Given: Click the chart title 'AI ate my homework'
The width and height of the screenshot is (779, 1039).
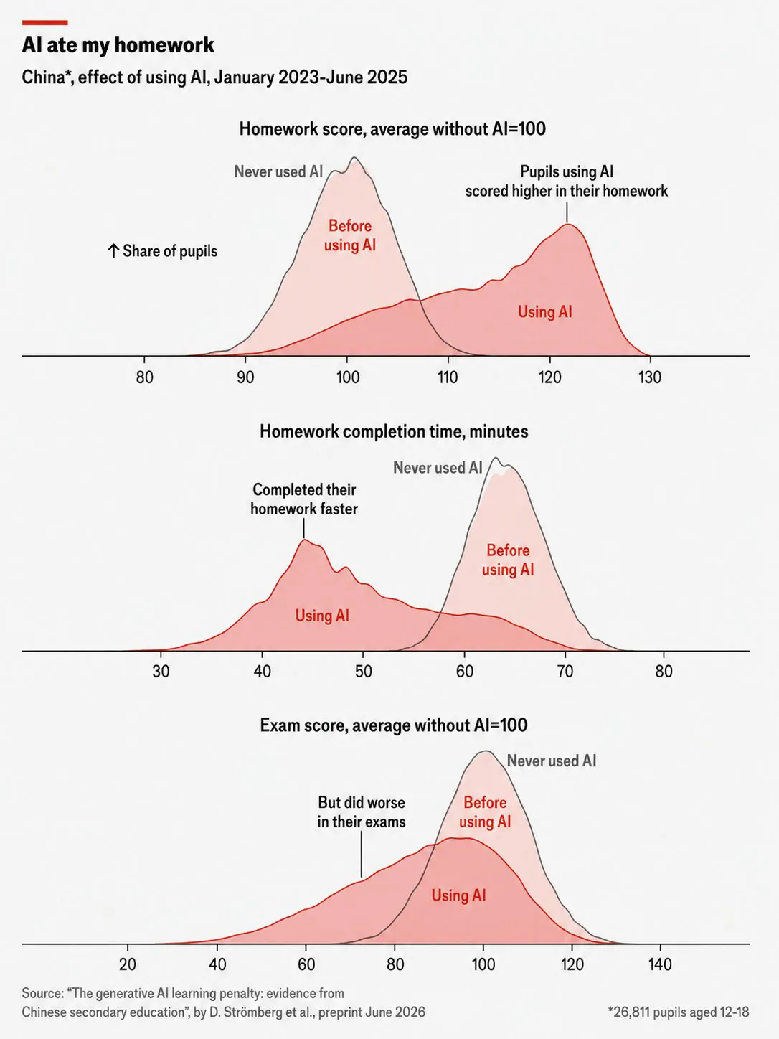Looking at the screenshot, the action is tap(118, 45).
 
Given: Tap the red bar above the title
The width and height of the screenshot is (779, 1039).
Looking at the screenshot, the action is tap(45, 22).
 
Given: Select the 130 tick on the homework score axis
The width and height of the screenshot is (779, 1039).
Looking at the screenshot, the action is tap(649, 377).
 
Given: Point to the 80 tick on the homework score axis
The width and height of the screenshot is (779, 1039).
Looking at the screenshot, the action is tap(144, 377).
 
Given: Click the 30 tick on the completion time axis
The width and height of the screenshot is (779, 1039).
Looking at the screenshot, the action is tap(161, 671).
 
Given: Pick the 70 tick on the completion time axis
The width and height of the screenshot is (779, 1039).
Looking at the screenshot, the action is tap(565, 671).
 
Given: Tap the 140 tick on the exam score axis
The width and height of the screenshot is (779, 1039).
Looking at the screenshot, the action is tap(660, 964).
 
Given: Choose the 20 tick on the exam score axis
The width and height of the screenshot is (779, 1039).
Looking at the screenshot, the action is tap(127, 964).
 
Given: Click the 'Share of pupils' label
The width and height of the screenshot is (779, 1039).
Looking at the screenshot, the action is tap(163, 251).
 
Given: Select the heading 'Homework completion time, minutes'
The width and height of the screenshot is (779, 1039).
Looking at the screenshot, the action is tap(394, 431).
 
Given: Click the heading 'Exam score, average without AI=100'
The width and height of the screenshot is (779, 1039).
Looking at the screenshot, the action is tap(394, 725).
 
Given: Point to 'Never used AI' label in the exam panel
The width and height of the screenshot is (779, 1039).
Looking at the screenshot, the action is tap(552, 761).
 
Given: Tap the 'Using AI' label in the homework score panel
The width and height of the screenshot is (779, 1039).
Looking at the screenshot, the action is tap(545, 311).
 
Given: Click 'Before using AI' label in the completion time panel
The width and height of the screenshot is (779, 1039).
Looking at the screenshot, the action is tap(508, 560).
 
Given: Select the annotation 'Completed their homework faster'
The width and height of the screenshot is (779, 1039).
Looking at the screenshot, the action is tap(304, 499).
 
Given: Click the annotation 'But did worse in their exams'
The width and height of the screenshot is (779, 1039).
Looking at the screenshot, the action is tap(362, 812).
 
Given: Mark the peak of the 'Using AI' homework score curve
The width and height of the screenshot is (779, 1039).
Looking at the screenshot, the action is tap(567, 224).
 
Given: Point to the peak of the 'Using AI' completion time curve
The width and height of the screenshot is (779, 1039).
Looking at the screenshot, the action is tap(304, 539).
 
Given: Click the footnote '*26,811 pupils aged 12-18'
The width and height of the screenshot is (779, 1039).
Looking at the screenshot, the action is tap(679, 1012).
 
